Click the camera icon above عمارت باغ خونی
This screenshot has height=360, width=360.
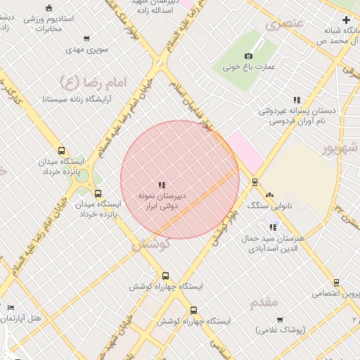(x=248, y=56)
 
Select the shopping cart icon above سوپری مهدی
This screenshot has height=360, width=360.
(x=86, y=39)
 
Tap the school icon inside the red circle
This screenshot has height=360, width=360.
(x=162, y=185)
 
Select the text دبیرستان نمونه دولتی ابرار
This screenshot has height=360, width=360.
(x=162, y=200)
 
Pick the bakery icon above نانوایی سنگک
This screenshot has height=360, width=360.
(x=269, y=195)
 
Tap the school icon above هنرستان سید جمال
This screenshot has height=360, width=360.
(x=273, y=227)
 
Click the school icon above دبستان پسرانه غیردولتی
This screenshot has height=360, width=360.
(x=297, y=100)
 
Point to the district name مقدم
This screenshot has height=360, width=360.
(x=264, y=302)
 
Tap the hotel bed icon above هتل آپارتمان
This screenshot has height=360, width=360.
(x=11, y=308)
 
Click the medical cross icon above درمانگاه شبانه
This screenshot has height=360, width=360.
(x=347, y=20)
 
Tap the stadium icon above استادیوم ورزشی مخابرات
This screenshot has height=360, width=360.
(x=48, y=8)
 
